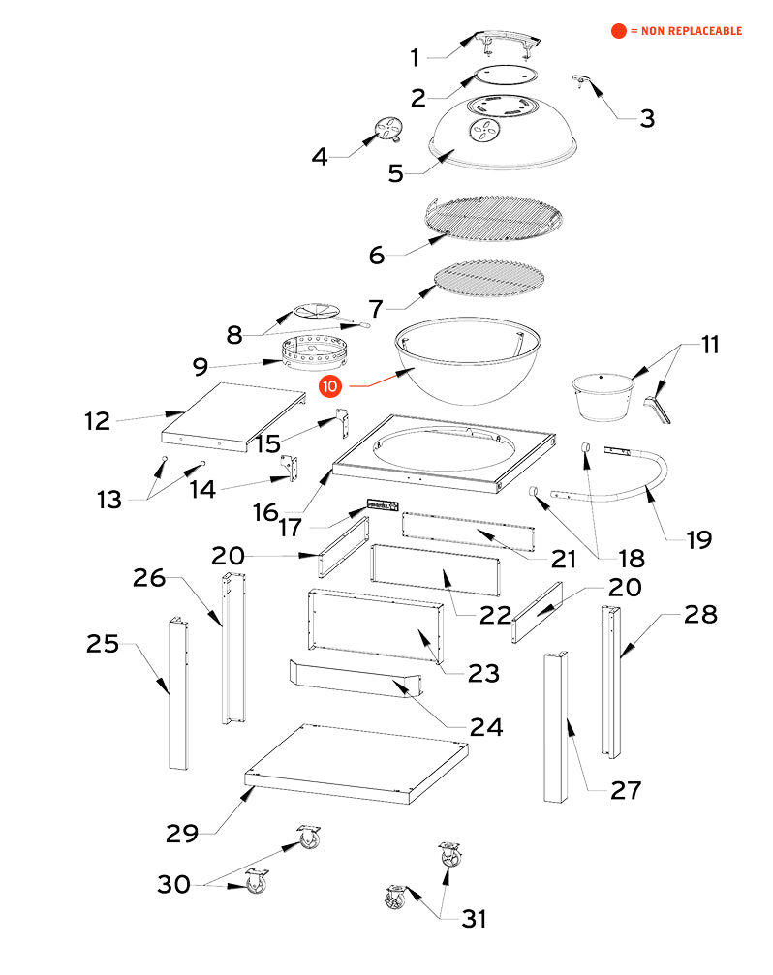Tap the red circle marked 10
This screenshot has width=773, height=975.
click(331, 385)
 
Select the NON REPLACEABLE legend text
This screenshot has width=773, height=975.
click(686, 31)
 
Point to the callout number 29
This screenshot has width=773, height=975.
click(182, 832)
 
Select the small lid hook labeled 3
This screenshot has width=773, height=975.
click(583, 79)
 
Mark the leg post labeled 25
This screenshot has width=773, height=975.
click(177, 693)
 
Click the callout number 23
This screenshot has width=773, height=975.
click(484, 672)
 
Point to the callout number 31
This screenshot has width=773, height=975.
click(473, 918)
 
